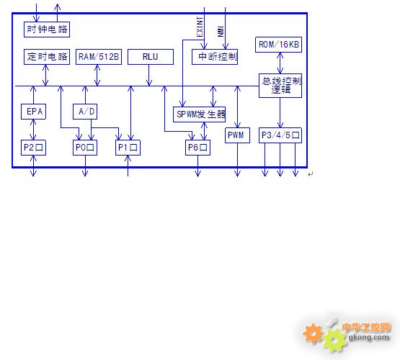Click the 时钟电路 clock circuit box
(x=47, y=30)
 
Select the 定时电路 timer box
(x=47, y=57)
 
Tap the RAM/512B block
(x=99, y=57)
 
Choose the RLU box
(x=151, y=57)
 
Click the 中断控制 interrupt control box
(x=215, y=57)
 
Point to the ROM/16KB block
(x=279, y=45)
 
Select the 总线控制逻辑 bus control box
(x=280, y=86)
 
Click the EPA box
(x=33, y=112)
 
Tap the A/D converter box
(x=85, y=112)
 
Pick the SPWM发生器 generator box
(x=199, y=114)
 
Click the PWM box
(x=237, y=135)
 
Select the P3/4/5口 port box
(x=280, y=135)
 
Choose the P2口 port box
(x=33, y=148)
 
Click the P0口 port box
(x=85, y=148)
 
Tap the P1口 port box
(x=128, y=148)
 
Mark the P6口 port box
(x=197, y=148)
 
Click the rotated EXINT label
(x=200, y=27)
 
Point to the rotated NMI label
(x=221, y=32)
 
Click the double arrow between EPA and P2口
(x=33, y=130)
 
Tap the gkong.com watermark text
(x=369, y=338)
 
